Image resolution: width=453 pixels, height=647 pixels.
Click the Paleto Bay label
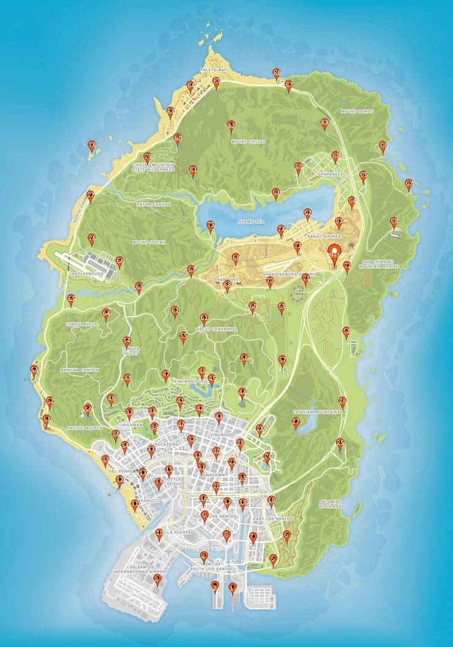click(x=213, y=70)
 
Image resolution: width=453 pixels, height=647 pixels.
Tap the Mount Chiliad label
click(x=249, y=141)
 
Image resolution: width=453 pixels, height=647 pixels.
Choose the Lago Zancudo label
click(x=87, y=274)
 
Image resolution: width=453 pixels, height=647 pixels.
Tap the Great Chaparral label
click(x=217, y=329)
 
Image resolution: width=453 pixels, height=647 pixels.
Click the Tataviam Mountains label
click(x=316, y=412)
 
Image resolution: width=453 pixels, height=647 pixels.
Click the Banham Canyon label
click(x=80, y=370)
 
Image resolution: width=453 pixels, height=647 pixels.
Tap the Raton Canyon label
click(x=153, y=204)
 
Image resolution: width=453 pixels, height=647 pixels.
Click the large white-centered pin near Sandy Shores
click(x=334, y=253)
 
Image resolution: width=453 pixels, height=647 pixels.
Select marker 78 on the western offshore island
click(x=92, y=146)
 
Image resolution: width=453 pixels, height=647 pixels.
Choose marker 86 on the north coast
click(x=276, y=73)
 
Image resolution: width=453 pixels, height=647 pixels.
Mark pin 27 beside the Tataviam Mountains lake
click(x=296, y=422)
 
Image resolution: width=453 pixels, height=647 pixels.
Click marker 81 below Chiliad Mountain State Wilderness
click(x=193, y=170)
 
